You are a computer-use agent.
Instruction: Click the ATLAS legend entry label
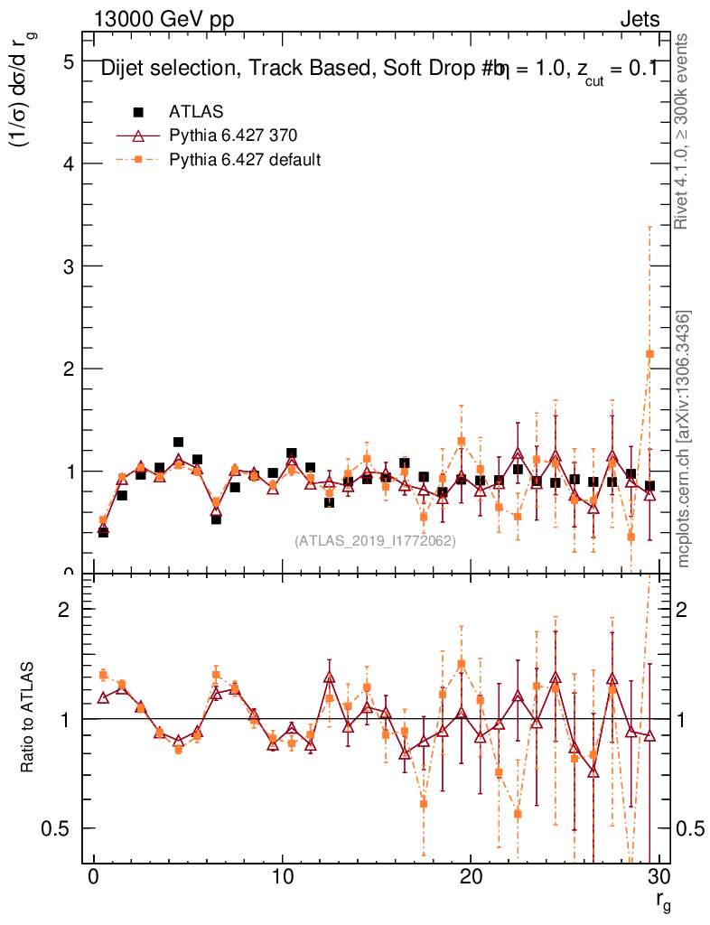[196, 112]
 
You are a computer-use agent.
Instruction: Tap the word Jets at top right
[640, 20]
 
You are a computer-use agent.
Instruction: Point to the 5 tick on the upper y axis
[68, 61]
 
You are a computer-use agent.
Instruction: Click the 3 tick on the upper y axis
[68, 266]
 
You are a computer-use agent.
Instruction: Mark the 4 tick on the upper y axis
[68, 164]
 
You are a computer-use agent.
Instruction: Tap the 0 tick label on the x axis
[94, 878]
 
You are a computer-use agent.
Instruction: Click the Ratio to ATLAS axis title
[29, 718]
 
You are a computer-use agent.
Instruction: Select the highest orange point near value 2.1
[649, 354]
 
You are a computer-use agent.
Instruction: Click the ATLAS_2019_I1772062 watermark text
[375, 541]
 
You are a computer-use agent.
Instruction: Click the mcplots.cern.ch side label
[684, 439]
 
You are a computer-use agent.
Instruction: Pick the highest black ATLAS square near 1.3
[178, 443]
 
